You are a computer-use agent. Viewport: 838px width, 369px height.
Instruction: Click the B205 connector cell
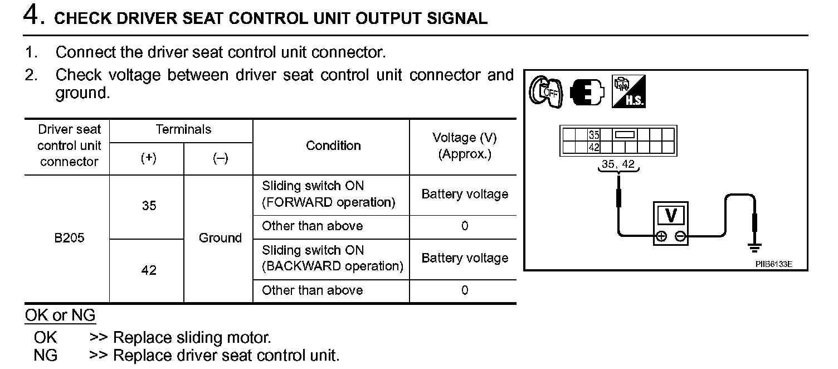pyautogui.click(x=69, y=238)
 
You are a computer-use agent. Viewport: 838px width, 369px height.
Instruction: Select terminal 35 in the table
pyautogui.click(x=149, y=206)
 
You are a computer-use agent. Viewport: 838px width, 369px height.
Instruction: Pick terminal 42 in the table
pyautogui.click(x=149, y=270)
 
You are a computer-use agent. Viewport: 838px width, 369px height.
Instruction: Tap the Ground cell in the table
pyautogui.click(x=220, y=238)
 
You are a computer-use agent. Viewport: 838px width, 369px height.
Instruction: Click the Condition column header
pyautogui.click(x=333, y=145)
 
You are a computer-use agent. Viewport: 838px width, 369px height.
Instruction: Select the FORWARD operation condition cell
pyautogui.click(x=328, y=194)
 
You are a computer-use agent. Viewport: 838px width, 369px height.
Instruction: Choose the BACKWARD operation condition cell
pyautogui.click(x=332, y=258)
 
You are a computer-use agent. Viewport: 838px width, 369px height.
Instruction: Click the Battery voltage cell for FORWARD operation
pyautogui.click(x=465, y=194)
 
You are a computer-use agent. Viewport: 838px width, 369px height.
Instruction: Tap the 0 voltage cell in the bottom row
pyautogui.click(x=465, y=290)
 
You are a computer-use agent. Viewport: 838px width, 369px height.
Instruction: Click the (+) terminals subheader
pyautogui.click(x=148, y=158)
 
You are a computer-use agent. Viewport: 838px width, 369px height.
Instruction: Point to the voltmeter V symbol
pyautogui.click(x=671, y=216)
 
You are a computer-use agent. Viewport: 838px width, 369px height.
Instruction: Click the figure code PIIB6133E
pyautogui.click(x=773, y=264)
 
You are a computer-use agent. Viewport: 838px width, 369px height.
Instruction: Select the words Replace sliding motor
pyautogui.click(x=192, y=338)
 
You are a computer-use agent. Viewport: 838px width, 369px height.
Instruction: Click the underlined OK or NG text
pyautogui.click(x=60, y=315)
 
